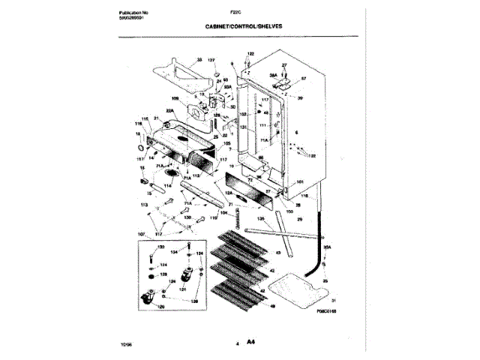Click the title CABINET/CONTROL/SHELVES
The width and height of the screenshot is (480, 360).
tap(244, 26)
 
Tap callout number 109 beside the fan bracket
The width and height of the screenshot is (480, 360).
tap(175, 98)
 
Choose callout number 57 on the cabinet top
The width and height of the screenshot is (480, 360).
tap(304, 79)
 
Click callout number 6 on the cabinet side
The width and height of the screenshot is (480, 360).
tap(296, 132)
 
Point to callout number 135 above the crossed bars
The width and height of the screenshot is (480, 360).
tap(260, 220)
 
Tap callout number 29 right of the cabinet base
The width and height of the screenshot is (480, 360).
tap(299, 220)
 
